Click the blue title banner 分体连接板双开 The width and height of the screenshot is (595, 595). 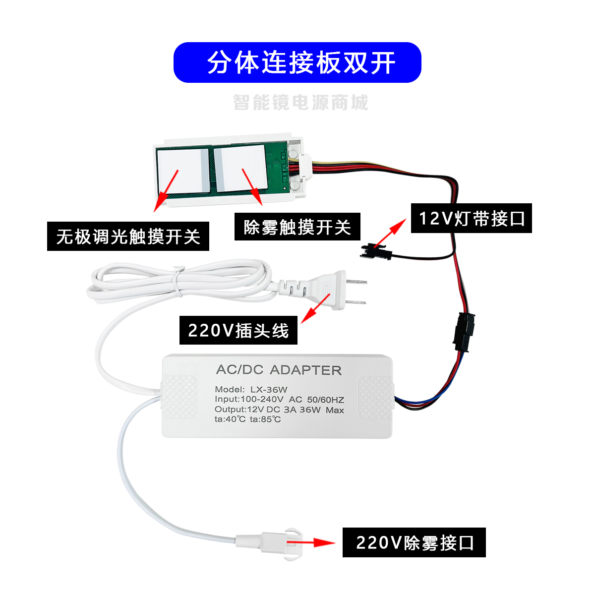coord(297,62)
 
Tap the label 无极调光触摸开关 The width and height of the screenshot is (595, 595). coord(128,236)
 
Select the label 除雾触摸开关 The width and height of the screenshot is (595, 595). coord(297,227)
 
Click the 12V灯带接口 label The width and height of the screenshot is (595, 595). coord(471,218)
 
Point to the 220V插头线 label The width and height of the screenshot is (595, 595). coord(238,330)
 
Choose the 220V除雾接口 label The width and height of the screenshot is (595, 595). coord(414,542)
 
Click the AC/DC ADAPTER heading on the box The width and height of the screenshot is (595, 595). coord(279,370)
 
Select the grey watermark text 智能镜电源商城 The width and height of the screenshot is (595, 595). coord(300,103)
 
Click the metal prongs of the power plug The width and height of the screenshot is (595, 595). coord(356,292)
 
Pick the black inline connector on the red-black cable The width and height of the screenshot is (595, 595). coord(464,331)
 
